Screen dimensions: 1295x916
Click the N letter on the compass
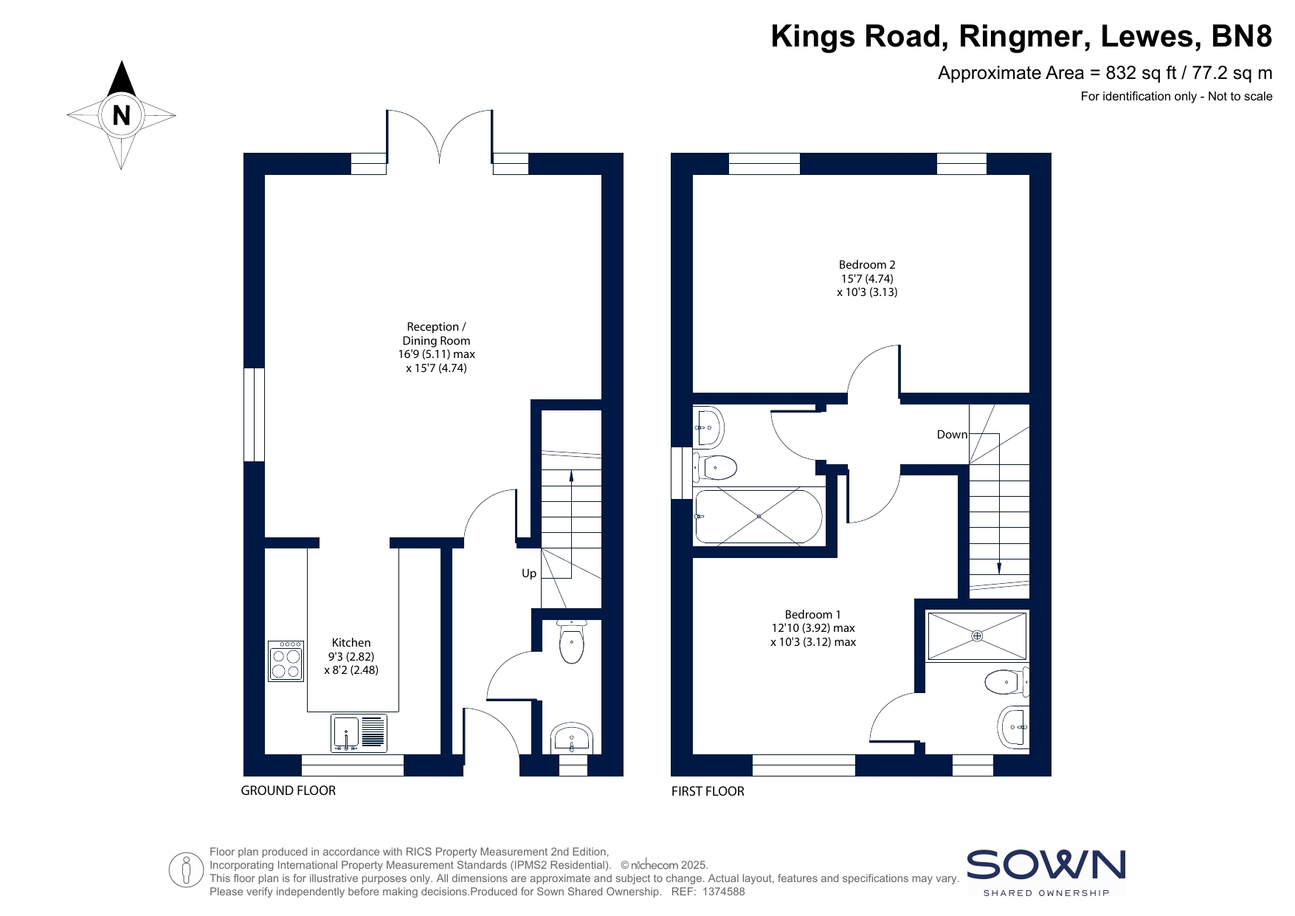[x=121, y=115]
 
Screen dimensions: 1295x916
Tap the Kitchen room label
[x=351, y=643]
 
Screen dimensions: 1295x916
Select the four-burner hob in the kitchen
[x=286, y=661]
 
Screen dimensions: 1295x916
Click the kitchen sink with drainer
[x=359, y=733]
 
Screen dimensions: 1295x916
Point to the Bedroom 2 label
[x=867, y=265]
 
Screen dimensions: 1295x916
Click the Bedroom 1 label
[x=812, y=615]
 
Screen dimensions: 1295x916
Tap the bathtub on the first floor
[x=759, y=517]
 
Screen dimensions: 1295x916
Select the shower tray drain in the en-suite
[x=977, y=636]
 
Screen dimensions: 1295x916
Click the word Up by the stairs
[x=529, y=574]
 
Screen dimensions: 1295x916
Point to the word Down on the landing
[x=952, y=435]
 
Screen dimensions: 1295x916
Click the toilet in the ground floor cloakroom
[x=572, y=641]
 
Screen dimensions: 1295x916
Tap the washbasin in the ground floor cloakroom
[x=571, y=737]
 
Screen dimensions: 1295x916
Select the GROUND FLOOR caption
[x=289, y=791]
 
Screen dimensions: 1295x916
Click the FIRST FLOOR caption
[x=708, y=791]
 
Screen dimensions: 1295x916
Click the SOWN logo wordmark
[x=1046, y=865]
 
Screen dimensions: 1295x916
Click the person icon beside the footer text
[x=186, y=869]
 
